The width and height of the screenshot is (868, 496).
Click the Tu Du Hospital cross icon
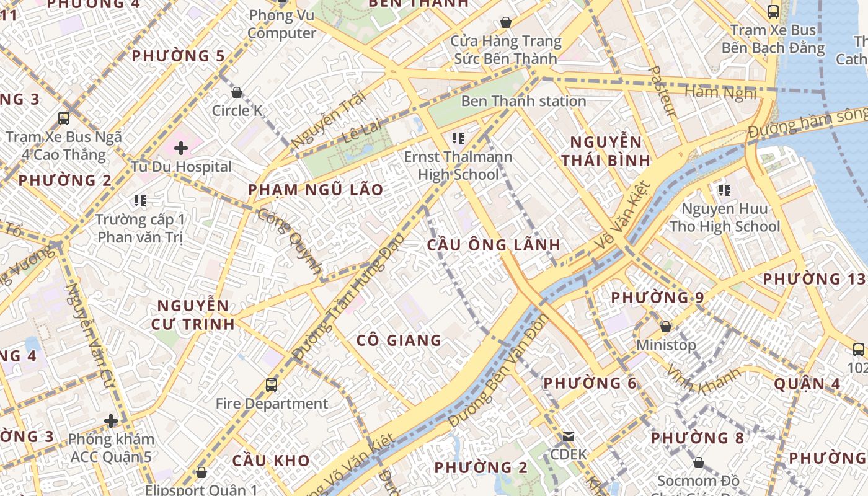181,148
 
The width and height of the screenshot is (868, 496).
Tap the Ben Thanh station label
523,101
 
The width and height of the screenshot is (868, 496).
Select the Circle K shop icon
236,93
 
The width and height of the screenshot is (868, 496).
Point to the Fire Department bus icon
271,385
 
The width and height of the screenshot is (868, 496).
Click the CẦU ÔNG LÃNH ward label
494,244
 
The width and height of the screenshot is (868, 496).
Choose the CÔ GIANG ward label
399,340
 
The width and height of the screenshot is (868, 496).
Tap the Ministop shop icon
665,326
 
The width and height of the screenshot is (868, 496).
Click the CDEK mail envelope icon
568,436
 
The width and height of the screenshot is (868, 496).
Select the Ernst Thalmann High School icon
458,138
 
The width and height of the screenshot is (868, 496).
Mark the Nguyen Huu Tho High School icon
724,190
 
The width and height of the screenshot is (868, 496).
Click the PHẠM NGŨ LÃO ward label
316,190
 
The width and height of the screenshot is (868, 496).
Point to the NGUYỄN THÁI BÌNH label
606,151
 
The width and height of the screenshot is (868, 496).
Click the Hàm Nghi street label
720,93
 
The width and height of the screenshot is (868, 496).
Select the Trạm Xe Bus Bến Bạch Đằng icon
773,11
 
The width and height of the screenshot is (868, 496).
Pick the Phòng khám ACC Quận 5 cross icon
111,422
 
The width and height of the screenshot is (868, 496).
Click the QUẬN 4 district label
807,384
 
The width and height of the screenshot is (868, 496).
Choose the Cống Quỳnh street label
290,242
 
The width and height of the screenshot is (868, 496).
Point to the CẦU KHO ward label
270,461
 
